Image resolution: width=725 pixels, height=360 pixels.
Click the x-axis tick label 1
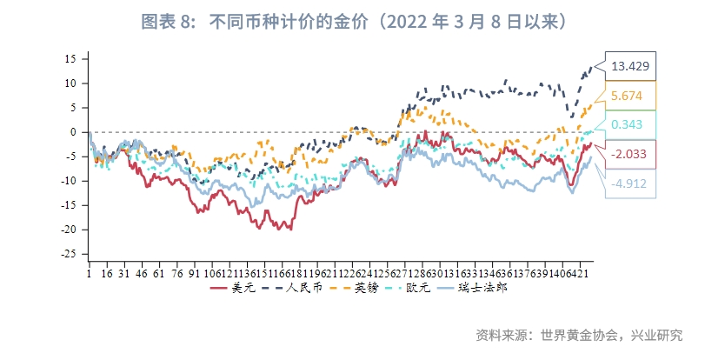[x=89, y=272]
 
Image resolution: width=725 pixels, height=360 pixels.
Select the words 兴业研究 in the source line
[x=656, y=336]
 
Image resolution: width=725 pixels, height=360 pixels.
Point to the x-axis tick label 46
[x=143, y=272]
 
